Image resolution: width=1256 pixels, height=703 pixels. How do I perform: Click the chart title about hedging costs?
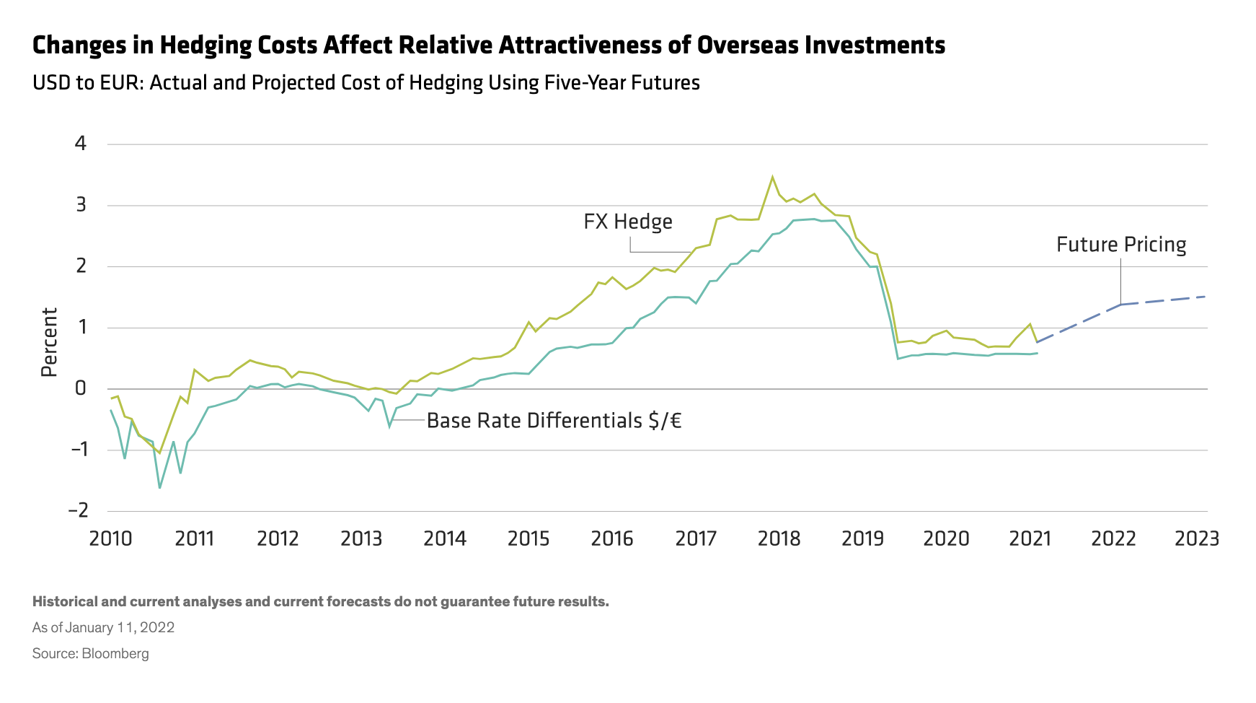(488, 45)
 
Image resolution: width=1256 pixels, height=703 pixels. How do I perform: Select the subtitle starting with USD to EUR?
(366, 83)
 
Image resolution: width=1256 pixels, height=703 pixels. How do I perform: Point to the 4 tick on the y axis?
(80, 144)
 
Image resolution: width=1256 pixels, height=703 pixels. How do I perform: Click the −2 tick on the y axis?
(78, 510)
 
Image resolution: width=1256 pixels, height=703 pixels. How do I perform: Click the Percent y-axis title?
(49, 342)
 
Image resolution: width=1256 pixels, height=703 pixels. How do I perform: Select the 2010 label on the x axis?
(110, 538)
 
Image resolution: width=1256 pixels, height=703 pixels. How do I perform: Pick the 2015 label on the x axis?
(529, 538)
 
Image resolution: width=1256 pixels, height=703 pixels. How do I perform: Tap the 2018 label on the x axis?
(779, 538)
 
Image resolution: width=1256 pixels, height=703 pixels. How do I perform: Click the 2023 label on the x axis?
(1196, 538)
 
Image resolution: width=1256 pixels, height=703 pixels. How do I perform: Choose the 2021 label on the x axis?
(1030, 538)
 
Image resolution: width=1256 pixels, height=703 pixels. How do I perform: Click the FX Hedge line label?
(627, 222)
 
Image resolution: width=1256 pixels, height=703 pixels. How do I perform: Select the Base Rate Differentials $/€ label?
(554, 420)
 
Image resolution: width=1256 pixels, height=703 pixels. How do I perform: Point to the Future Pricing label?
(1120, 245)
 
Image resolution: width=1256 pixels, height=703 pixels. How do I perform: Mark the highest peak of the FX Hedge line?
(772, 177)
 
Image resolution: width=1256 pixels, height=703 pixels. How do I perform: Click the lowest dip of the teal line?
(159, 488)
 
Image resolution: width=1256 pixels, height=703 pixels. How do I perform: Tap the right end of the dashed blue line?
(1206, 297)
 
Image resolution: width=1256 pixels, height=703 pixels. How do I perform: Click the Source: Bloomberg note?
(90, 654)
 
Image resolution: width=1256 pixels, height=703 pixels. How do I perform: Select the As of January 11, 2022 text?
(103, 627)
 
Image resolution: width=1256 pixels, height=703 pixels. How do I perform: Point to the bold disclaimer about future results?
(320, 601)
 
